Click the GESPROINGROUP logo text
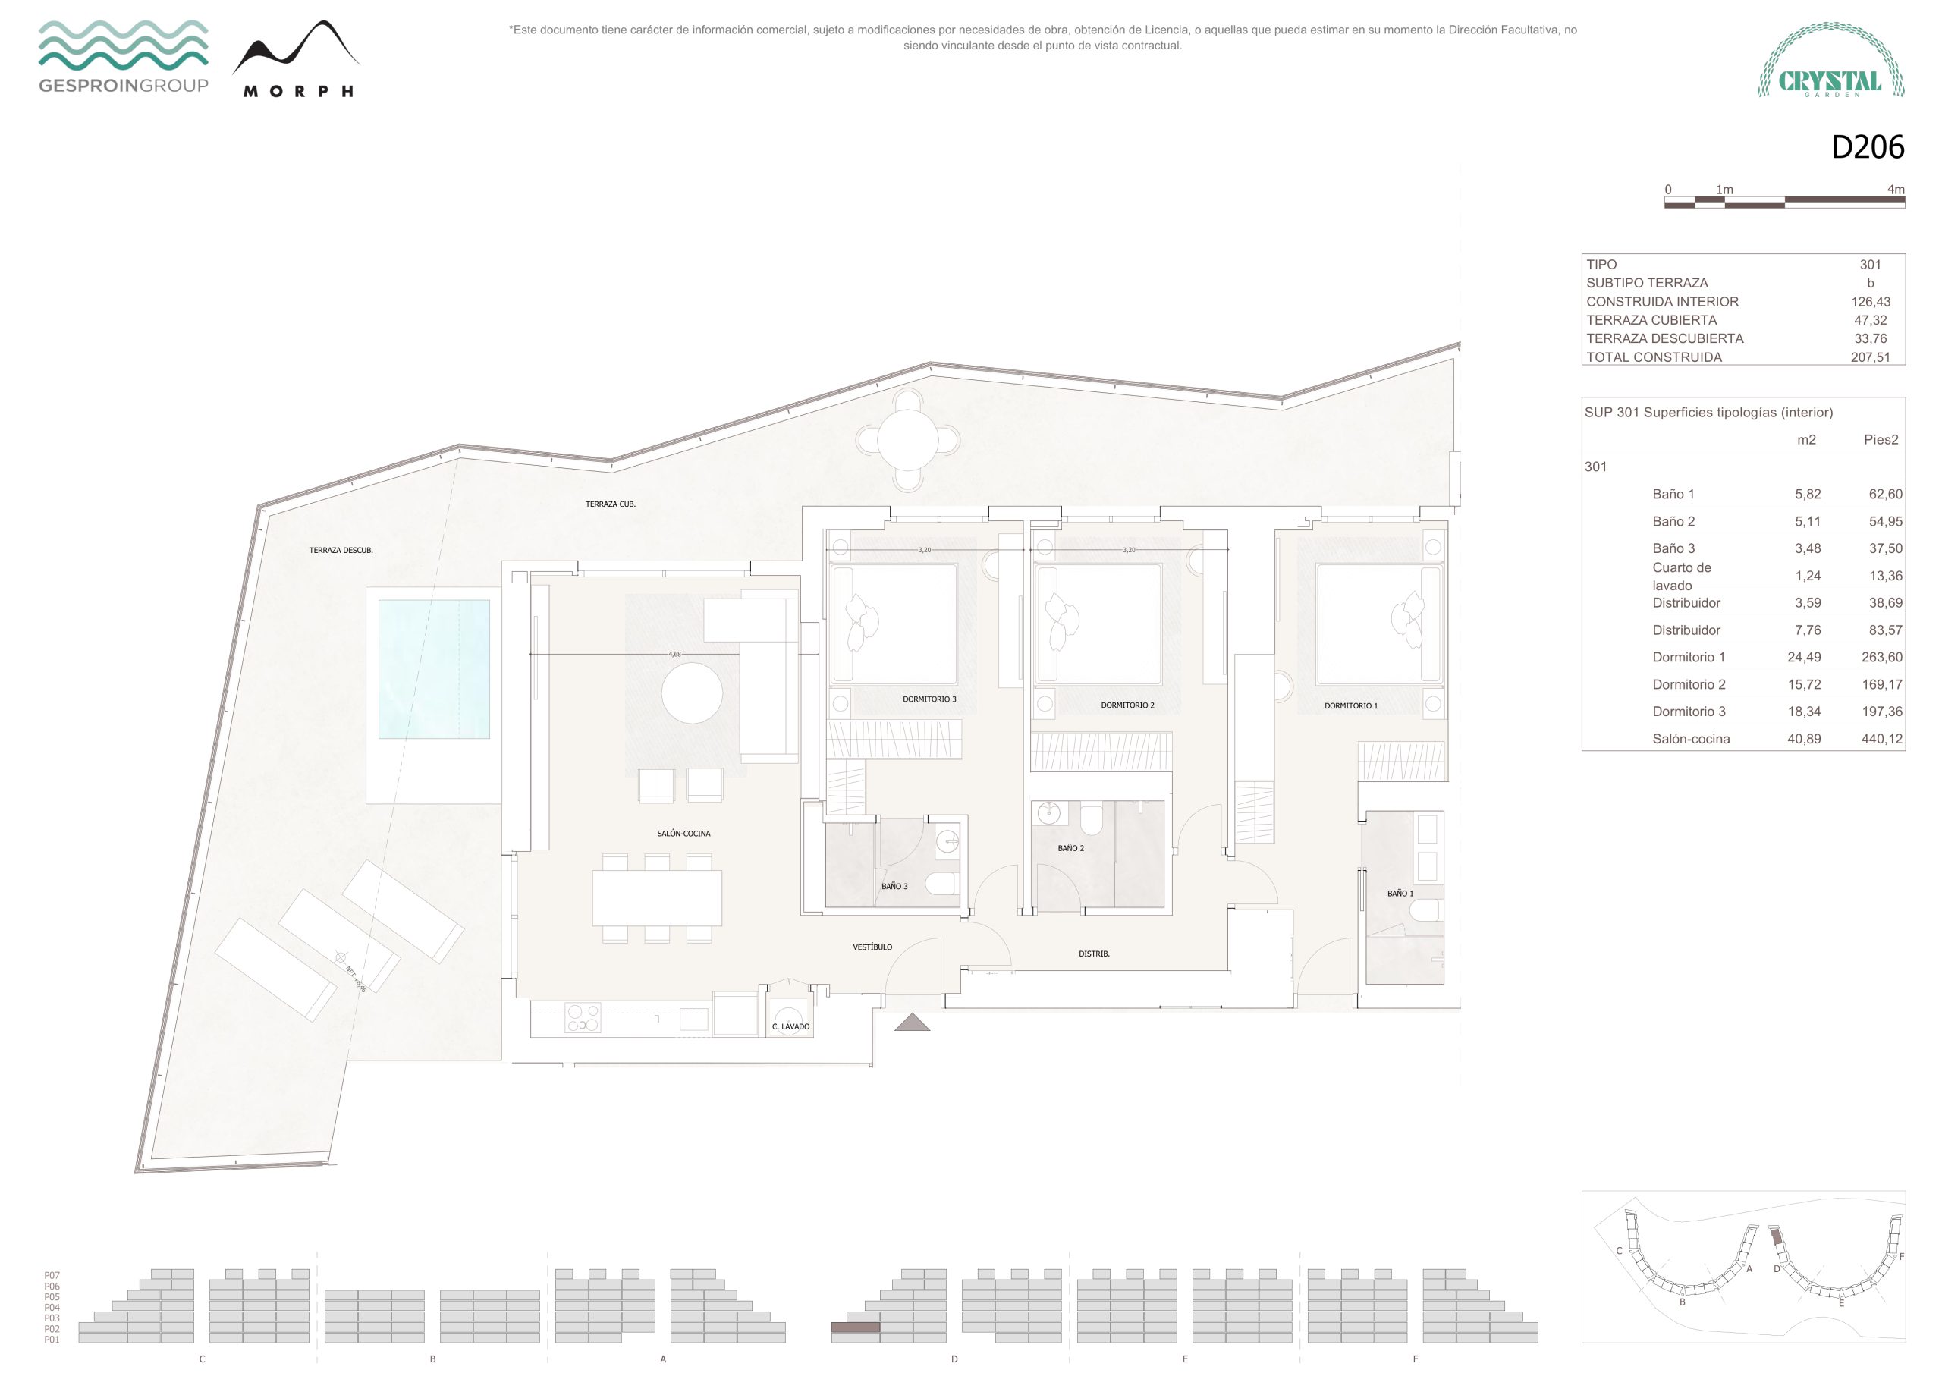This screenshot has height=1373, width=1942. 124,86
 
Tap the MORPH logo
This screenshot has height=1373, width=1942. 297,58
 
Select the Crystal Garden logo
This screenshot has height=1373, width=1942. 1831,60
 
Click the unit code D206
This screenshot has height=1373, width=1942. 1868,147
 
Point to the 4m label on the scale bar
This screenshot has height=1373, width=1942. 1896,190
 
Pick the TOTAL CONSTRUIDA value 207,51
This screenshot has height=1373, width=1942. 1870,357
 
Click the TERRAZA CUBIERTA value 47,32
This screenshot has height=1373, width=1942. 1870,320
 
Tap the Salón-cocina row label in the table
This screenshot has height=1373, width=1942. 1691,739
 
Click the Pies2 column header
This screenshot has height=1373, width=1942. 1881,440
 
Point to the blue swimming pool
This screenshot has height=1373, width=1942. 434,669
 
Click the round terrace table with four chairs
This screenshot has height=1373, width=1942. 907,440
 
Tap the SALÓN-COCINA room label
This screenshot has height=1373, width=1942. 683,833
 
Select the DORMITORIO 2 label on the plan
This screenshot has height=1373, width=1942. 1127,705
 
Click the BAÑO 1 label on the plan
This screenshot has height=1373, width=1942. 1400,894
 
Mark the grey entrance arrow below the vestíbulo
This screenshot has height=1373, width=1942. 912,1023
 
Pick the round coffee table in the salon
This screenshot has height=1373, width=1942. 692,693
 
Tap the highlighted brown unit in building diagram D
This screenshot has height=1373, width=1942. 855,1327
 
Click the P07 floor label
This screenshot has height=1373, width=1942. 52,1275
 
